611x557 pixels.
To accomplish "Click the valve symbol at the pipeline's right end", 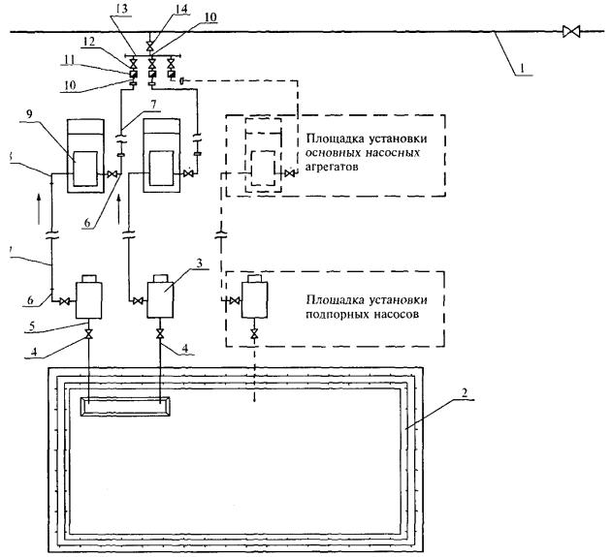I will click(569, 32).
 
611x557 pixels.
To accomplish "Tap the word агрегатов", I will click(332, 166).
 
